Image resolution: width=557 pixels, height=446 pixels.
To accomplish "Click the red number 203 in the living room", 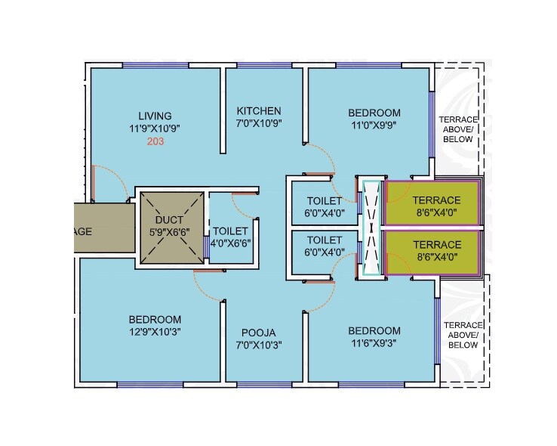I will tap(155, 141).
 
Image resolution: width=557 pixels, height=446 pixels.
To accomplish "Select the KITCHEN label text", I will tap(258, 110).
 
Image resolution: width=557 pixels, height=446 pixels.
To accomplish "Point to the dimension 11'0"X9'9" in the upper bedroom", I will tap(374, 125).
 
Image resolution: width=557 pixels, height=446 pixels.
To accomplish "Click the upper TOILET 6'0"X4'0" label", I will tap(325, 206).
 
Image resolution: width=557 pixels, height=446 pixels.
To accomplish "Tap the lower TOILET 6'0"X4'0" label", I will tap(325, 246).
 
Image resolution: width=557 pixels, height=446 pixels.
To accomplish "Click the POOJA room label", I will tap(258, 333).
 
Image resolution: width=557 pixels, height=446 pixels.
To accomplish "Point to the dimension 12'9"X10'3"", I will tap(154, 331).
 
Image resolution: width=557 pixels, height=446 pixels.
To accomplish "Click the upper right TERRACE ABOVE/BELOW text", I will tap(458, 129).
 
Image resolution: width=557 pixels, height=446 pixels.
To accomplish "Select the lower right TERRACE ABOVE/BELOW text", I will tap(463, 334).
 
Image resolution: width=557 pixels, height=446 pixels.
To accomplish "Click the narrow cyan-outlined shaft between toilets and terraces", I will tap(371, 230).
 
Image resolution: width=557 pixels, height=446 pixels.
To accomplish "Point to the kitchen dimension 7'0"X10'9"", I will tap(258, 122).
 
